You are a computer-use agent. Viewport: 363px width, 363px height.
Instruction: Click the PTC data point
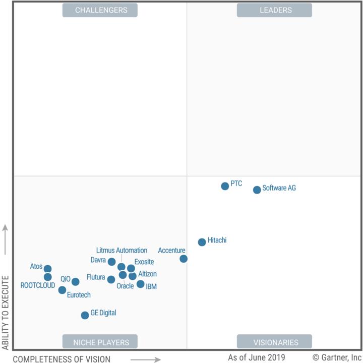[225, 186]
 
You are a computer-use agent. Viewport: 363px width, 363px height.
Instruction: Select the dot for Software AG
[257, 190]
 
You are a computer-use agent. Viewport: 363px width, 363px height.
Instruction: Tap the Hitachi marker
[202, 242]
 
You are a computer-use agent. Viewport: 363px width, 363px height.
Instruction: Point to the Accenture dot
[184, 259]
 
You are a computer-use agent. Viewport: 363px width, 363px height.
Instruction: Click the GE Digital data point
[85, 315]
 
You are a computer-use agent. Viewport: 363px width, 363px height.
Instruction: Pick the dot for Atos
[47, 269]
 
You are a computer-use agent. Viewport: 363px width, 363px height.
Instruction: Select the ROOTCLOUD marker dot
[47, 277]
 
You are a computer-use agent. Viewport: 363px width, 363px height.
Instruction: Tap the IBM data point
[140, 284]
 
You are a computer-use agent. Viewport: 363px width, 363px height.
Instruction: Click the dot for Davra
[111, 262]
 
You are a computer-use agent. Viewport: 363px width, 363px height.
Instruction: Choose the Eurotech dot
[62, 290]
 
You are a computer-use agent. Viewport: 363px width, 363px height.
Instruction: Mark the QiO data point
[75, 282]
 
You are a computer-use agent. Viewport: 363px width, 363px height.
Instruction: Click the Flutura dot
[111, 279]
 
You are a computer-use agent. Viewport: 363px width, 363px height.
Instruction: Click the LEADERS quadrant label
[274, 10]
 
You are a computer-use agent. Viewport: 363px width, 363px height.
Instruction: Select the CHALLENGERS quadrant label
[100, 10]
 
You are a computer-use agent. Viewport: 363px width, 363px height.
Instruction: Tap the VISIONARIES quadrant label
[274, 342]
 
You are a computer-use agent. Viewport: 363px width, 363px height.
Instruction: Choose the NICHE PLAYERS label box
[100, 342]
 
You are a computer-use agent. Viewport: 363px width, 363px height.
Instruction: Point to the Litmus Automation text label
[122, 250]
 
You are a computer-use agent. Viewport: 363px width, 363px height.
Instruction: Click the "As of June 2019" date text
[256, 357]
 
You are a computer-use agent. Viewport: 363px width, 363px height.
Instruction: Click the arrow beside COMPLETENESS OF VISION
[146, 359]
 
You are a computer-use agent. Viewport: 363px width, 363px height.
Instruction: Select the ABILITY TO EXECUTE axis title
[6, 313]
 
